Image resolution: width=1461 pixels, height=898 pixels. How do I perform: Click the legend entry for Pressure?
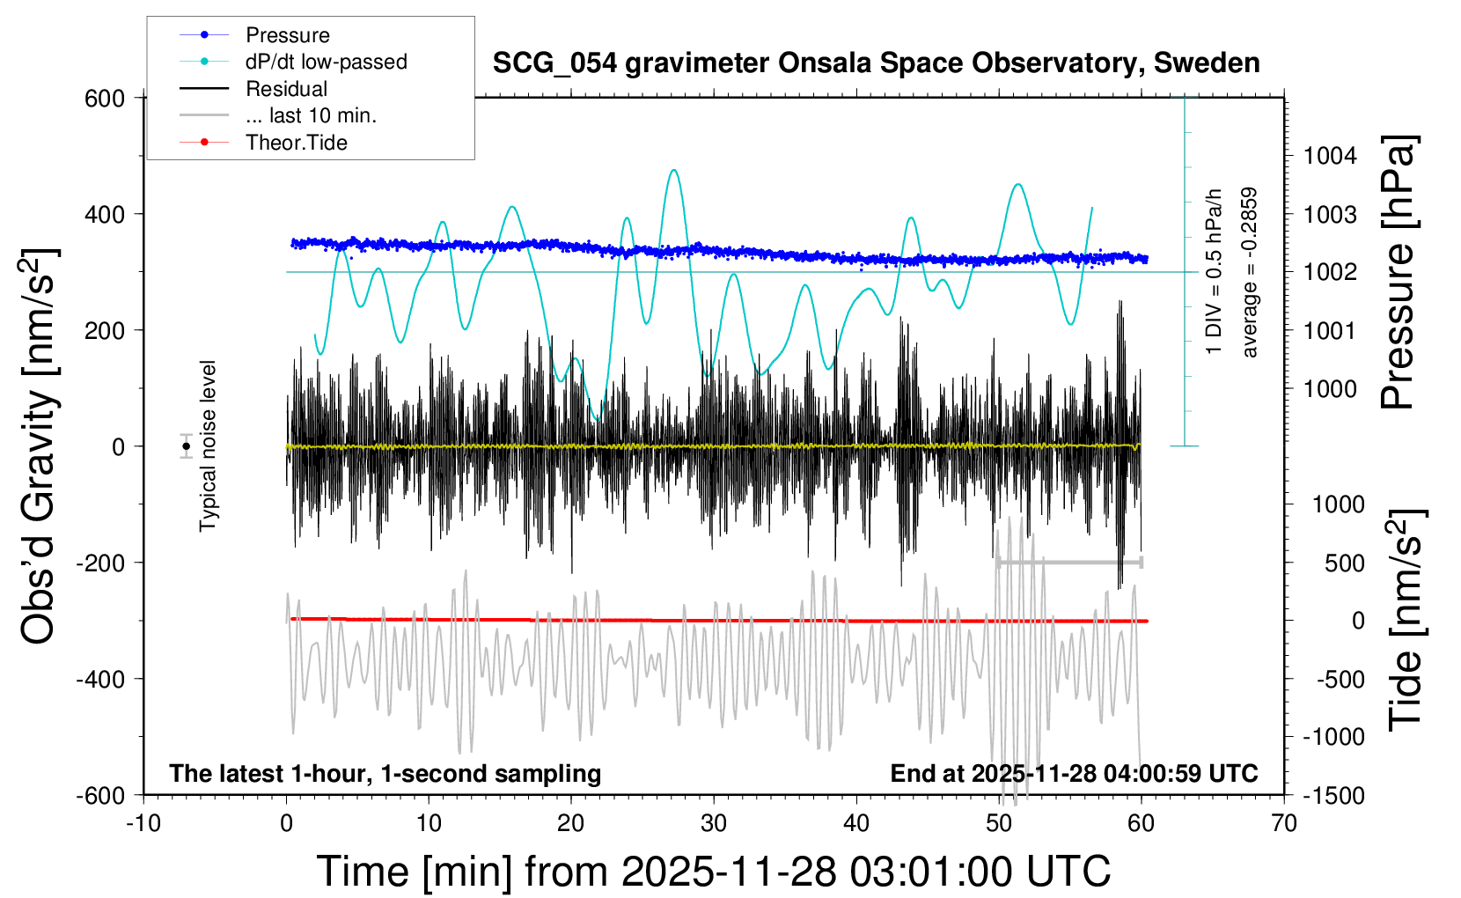tap(287, 35)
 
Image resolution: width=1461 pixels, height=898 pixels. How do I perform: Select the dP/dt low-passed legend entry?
tap(326, 62)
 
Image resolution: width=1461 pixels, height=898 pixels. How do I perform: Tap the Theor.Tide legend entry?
tap(296, 143)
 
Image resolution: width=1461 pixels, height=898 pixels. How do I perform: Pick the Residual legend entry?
tap(286, 89)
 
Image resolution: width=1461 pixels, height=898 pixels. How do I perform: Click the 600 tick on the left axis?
tap(105, 98)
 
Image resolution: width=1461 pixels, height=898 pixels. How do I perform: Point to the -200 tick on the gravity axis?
tap(100, 563)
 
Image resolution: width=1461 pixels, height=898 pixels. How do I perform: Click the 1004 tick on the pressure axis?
tap(1330, 156)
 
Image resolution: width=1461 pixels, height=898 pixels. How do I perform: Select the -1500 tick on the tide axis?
tap(1333, 795)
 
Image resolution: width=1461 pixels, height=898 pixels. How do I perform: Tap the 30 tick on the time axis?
tap(714, 823)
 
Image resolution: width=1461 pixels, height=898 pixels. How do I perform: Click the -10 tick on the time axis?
tap(143, 823)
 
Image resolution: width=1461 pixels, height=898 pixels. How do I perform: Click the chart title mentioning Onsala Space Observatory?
tap(876, 63)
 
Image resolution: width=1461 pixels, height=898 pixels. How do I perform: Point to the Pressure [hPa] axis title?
tap(1397, 272)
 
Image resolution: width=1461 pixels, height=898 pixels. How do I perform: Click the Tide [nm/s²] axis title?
tap(1406, 620)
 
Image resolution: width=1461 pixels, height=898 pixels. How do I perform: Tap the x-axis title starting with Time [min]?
tap(713, 872)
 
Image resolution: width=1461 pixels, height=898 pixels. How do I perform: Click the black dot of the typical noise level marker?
tap(186, 446)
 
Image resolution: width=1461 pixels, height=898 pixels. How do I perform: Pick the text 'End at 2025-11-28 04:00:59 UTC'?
tap(1074, 773)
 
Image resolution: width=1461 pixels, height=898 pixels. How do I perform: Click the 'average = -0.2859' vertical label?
tap(1249, 272)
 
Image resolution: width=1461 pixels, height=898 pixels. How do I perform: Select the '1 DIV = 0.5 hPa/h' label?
tap(1215, 271)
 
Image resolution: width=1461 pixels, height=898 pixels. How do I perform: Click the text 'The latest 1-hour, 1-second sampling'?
tap(385, 773)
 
